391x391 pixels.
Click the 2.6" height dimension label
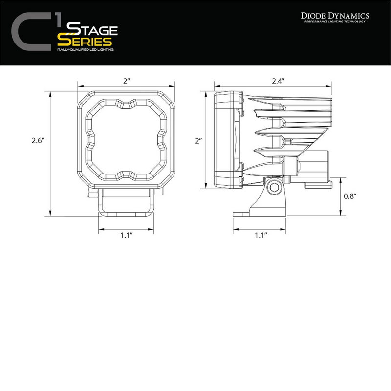click(37, 141)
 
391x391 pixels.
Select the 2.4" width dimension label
click(278, 82)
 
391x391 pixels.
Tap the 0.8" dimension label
click(350, 195)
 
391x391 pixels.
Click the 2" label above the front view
click(126, 82)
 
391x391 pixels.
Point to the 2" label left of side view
click(198, 141)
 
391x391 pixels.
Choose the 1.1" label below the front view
click(127, 235)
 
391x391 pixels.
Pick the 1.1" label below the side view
click(260, 235)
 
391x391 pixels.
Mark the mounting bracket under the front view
click(127, 203)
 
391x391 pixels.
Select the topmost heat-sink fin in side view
click(293, 101)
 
